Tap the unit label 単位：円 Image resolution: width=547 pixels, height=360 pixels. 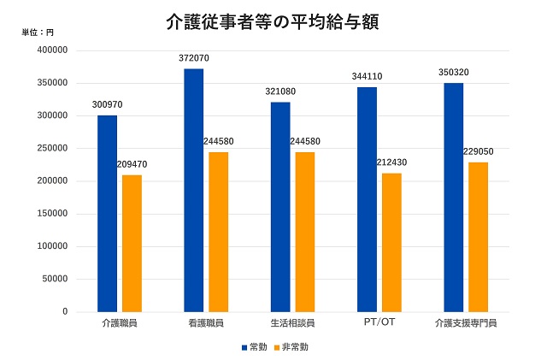[x=38, y=32]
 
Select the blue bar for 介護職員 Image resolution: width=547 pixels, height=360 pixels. [x=107, y=213]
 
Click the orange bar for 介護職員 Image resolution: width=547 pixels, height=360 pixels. [x=132, y=243]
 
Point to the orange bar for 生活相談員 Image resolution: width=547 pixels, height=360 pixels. [x=305, y=232]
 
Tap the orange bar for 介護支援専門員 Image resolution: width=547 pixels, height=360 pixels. [x=479, y=237]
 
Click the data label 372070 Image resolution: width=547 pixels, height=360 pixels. [x=194, y=58]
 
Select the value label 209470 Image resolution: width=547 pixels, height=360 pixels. [x=132, y=164]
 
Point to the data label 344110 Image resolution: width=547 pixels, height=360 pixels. [x=367, y=76]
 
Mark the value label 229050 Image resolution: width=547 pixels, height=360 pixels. [x=479, y=151]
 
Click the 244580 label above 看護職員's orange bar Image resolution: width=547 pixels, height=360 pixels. [x=219, y=141]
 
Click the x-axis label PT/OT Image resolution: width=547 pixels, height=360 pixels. [x=379, y=322]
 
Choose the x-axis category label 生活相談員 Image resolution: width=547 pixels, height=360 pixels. [x=292, y=323]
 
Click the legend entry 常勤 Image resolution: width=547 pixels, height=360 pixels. [x=254, y=347]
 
